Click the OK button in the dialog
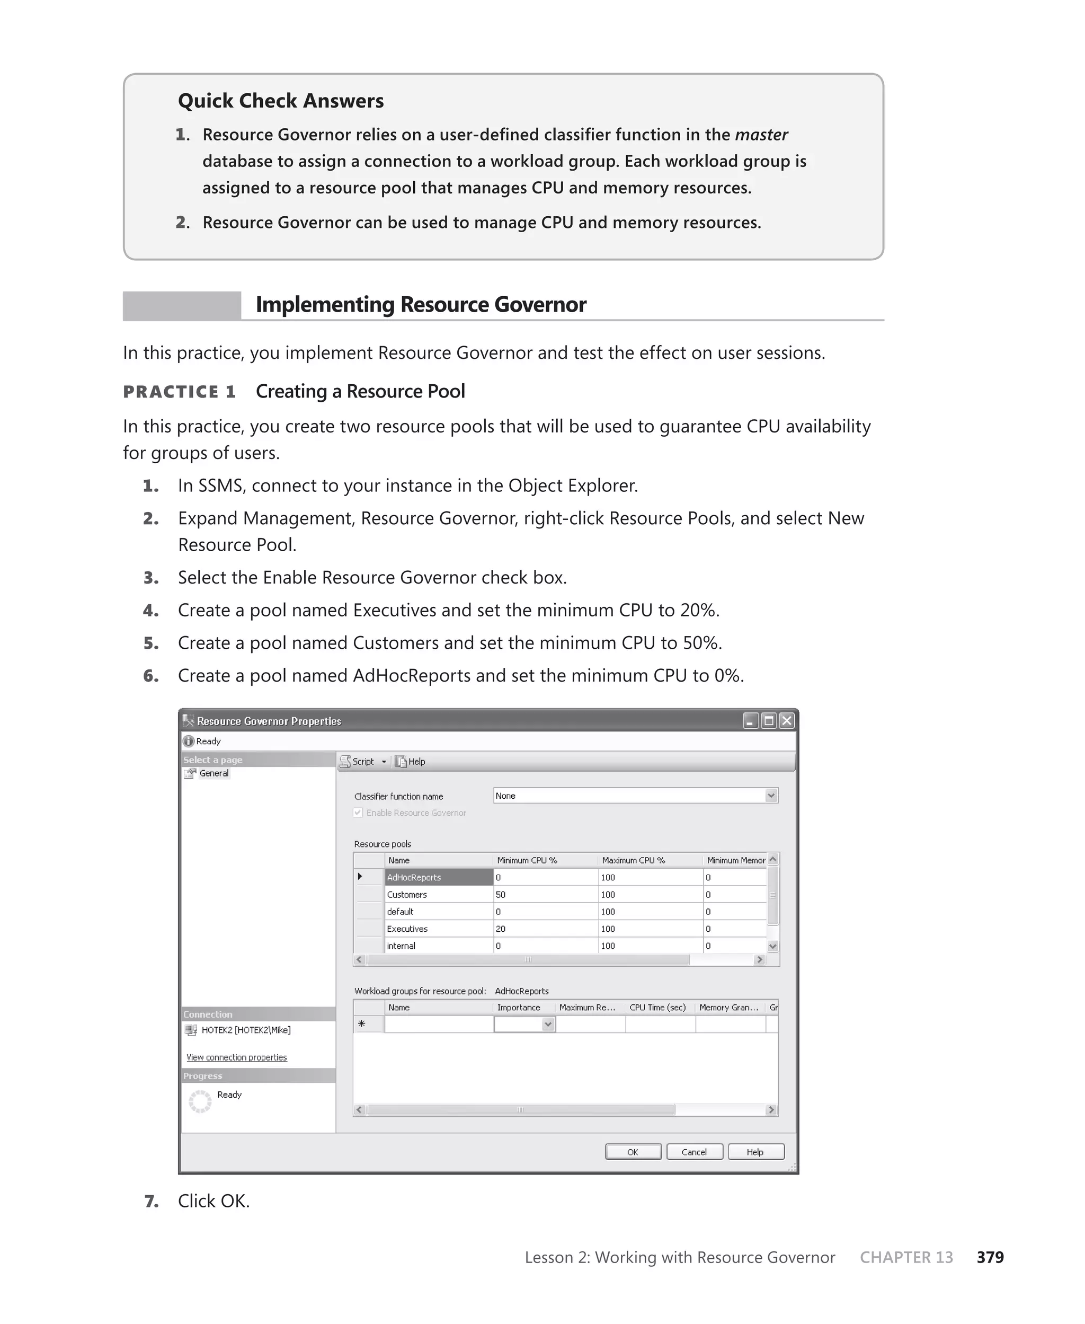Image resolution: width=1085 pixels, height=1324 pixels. [x=633, y=1151]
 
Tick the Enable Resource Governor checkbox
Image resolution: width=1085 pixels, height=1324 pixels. [x=358, y=813]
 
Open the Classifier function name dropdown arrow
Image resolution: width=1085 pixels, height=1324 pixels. [x=771, y=796]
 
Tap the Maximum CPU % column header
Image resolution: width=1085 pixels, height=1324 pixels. [x=633, y=860]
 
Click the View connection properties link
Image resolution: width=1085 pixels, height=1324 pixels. [x=236, y=1057]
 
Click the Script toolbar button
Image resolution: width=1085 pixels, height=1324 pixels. [x=358, y=762]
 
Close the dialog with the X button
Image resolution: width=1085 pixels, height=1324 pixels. [x=787, y=721]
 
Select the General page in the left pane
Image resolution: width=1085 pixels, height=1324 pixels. [x=214, y=773]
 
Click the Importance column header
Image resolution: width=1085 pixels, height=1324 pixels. [x=518, y=1007]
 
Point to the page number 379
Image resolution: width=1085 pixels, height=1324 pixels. [x=990, y=1257]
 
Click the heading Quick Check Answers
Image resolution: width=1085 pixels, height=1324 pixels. [x=281, y=101]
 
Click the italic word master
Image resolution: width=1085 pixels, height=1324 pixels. [x=761, y=135]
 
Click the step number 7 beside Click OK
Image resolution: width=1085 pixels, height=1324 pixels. [x=150, y=1201]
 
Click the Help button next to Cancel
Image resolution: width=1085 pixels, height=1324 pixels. [x=755, y=1151]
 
